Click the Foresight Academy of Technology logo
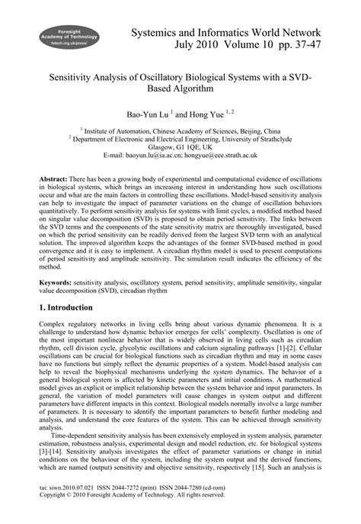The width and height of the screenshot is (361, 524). click(x=64, y=36)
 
